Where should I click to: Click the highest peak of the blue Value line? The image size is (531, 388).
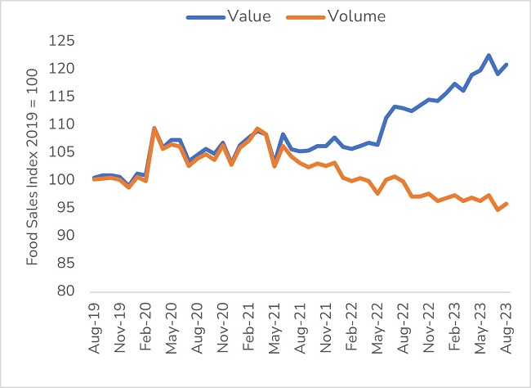coord(489,56)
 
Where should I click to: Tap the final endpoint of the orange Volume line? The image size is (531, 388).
coord(506,204)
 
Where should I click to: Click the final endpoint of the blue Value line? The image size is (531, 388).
coord(506,65)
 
